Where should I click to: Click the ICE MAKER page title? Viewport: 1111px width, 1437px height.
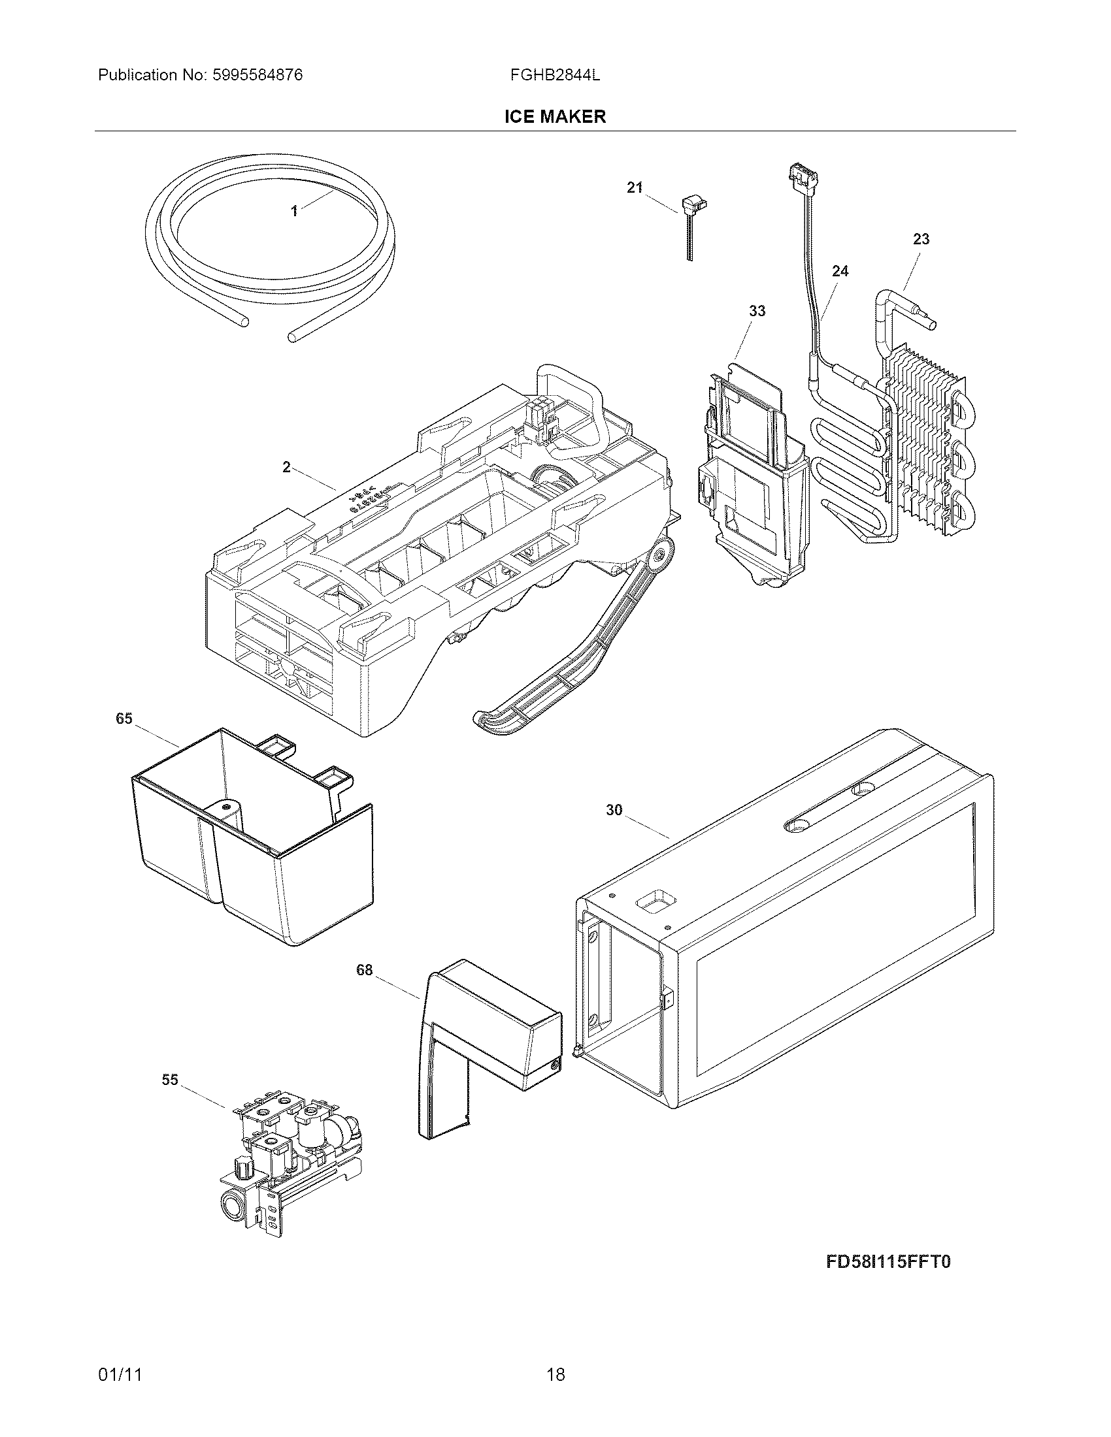(x=555, y=117)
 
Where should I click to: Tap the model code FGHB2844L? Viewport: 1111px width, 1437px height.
(x=555, y=75)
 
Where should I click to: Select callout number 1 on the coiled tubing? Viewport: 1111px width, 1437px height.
(x=294, y=211)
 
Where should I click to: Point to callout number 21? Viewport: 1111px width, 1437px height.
(x=634, y=188)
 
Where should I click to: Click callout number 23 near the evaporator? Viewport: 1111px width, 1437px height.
(x=921, y=239)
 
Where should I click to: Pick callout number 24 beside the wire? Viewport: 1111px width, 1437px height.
(x=840, y=271)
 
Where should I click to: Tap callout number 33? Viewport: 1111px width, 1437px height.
(x=757, y=310)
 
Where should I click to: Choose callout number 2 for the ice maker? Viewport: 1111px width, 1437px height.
(x=286, y=467)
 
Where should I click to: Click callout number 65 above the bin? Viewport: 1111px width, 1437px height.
(x=124, y=718)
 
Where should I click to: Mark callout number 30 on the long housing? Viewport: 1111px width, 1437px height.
(x=614, y=811)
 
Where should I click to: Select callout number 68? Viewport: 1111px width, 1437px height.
(x=364, y=970)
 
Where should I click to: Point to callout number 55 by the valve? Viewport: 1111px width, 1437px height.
(x=170, y=1080)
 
